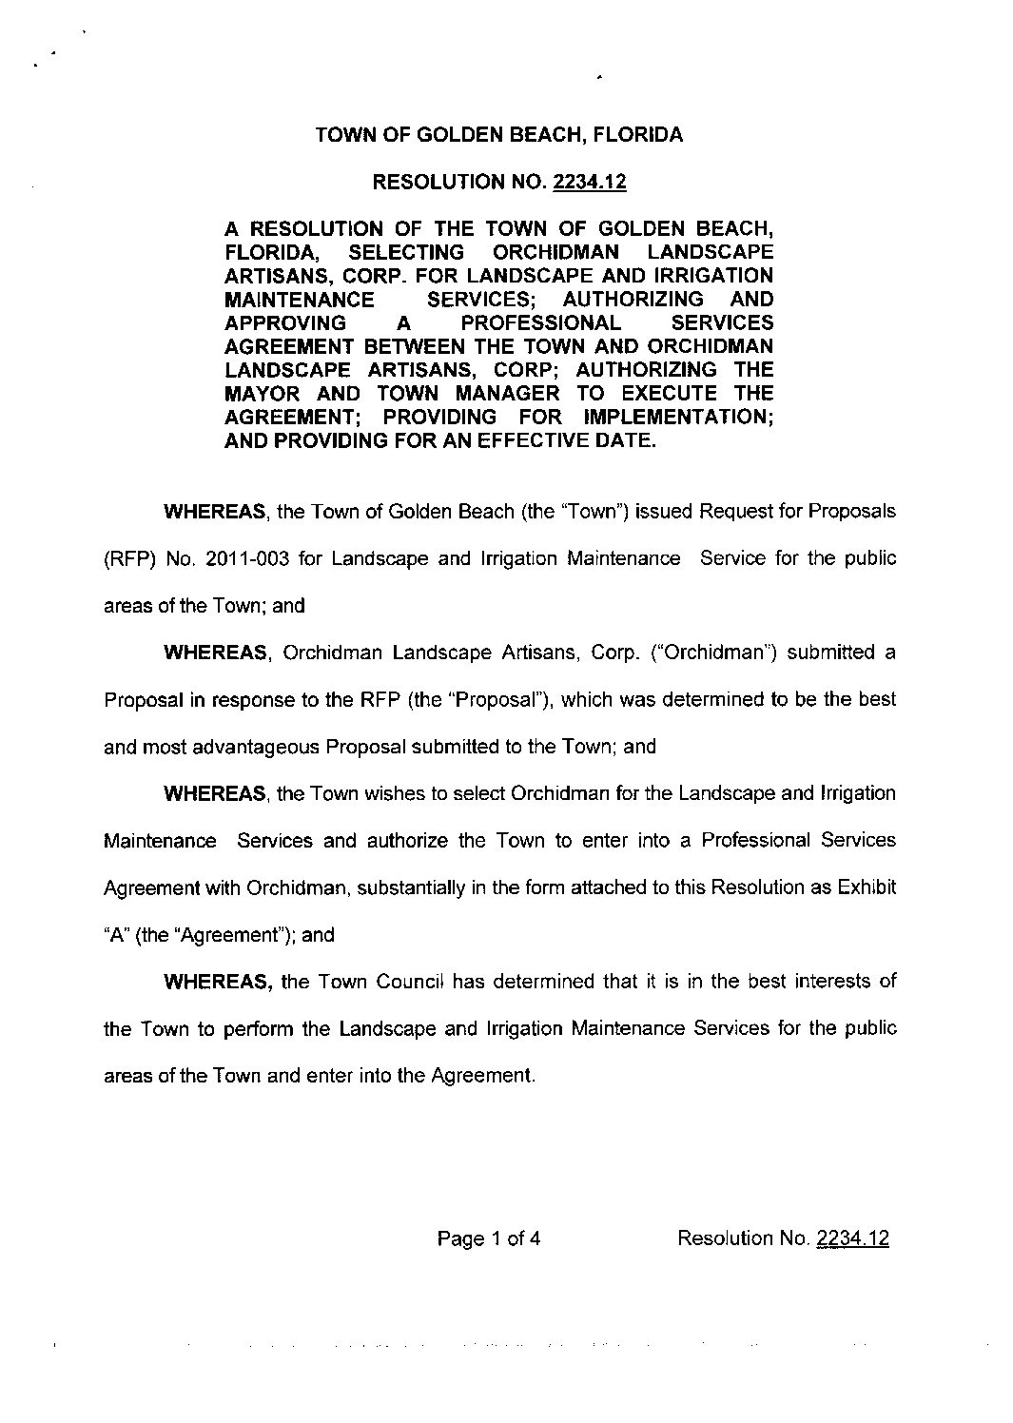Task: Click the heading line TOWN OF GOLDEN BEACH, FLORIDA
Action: pos(498,135)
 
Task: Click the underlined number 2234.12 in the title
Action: pos(589,182)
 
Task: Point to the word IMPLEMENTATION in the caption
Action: pos(677,417)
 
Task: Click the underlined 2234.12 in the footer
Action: pos(852,1238)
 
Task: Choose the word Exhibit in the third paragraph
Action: pos(867,887)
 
